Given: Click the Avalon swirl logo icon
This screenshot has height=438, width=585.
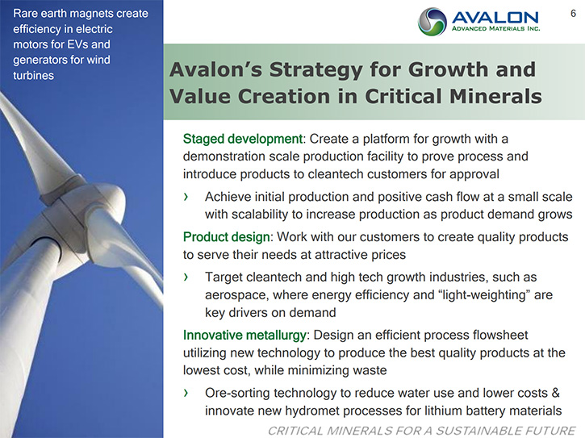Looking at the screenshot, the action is [x=432, y=22].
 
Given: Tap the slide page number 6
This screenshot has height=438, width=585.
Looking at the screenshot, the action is [x=573, y=14].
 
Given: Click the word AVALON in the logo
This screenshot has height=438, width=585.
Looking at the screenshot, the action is [x=495, y=18].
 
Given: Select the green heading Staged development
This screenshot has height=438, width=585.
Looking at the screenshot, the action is [x=243, y=139].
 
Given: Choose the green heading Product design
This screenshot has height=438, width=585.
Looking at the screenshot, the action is [x=226, y=237].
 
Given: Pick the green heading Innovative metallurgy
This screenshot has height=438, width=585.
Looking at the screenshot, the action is [x=244, y=335].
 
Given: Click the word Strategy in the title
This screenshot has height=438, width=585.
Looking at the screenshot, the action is [x=315, y=69].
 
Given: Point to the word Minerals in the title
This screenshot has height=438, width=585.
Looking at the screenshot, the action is [x=495, y=96].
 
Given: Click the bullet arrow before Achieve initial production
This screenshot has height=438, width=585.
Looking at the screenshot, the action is [x=186, y=197].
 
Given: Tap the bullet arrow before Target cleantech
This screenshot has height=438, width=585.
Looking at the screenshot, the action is [x=186, y=277].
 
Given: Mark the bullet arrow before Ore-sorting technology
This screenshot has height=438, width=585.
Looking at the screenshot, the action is [x=186, y=393].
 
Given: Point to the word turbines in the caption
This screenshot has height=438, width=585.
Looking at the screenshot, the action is [x=34, y=75].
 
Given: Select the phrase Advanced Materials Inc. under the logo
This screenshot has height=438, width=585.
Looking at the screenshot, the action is [x=495, y=29].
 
